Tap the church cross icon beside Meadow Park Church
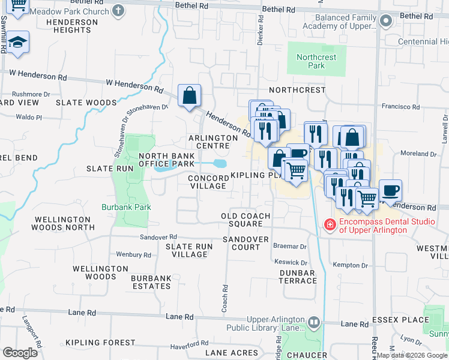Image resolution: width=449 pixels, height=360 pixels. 118,10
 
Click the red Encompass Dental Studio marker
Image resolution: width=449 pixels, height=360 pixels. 329,225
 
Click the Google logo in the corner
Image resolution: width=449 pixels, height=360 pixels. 20,353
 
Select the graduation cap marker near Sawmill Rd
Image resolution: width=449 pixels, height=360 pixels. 19,42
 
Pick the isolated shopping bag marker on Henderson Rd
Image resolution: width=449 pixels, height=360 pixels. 189,95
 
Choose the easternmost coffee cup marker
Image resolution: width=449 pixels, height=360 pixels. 390,191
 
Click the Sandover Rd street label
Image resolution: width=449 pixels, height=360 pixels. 158,238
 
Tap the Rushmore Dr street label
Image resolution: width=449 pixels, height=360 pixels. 31,94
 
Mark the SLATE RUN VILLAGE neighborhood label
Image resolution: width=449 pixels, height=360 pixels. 189,250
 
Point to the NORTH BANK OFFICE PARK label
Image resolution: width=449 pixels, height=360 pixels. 166,160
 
